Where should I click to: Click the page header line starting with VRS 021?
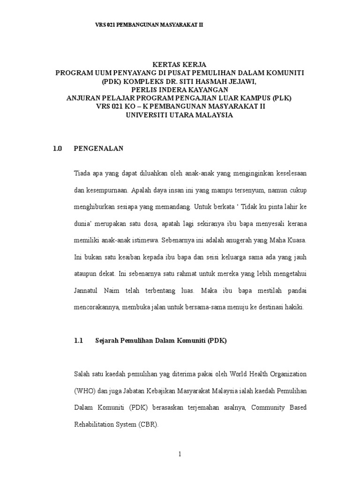[149, 24]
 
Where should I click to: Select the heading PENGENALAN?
[98, 149]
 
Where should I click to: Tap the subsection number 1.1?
[78, 341]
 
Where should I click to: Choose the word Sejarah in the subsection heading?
[108, 341]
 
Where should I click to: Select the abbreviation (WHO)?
[85, 391]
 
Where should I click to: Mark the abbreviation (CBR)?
[149, 425]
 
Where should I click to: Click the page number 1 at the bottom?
[180, 455]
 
